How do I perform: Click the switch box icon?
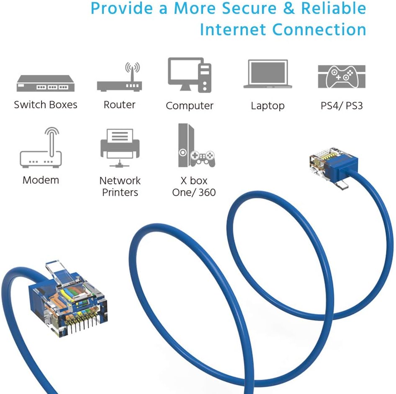tap(45, 83)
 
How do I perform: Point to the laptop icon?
tap(268, 74)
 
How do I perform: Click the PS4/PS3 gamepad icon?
tap(342, 77)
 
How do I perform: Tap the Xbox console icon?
tap(193, 146)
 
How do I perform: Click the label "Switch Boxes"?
tap(45, 105)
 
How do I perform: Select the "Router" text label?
tap(120, 105)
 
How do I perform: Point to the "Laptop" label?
tap(267, 106)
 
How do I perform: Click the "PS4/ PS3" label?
tap(342, 106)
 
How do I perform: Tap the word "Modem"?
tap(41, 180)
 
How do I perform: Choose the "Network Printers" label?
tap(120, 187)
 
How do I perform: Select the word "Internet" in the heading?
tap(233, 29)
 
